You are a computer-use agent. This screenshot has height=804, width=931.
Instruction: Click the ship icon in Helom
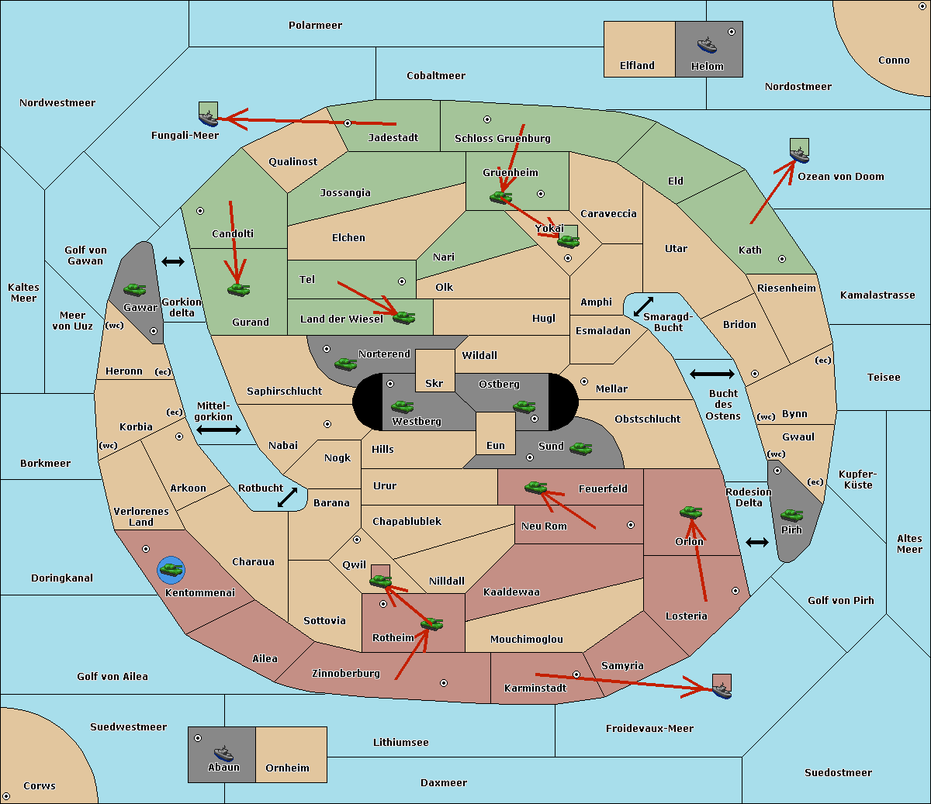click(707, 45)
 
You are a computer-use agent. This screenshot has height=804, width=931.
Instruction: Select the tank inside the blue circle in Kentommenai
click(171, 569)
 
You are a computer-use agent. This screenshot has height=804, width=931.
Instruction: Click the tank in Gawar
click(135, 289)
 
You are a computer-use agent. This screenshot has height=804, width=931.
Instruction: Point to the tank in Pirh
click(791, 515)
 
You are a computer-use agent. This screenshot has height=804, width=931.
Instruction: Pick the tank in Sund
click(580, 448)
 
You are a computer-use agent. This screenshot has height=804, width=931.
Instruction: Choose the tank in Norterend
click(345, 364)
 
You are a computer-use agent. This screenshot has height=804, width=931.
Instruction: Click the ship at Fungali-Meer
click(208, 118)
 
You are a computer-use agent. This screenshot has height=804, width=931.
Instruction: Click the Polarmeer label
click(315, 26)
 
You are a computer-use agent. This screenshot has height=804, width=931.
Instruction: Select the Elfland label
click(637, 66)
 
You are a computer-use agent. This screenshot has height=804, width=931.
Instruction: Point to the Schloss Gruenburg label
click(503, 138)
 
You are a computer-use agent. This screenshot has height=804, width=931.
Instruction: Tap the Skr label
click(434, 383)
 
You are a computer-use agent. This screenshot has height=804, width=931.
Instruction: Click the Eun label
click(496, 445)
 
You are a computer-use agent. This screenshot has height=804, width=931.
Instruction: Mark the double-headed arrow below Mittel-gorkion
click(219, 430)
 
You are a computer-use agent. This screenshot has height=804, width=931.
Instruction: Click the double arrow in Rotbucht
click(287, 498)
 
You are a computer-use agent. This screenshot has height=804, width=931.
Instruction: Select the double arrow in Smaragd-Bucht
click(643, 306)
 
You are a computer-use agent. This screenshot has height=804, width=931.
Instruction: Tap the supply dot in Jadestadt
click(348, 123)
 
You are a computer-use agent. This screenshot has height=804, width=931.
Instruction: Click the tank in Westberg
click(402, 406)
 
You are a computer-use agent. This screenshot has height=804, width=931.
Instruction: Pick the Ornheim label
click(287, 768)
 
